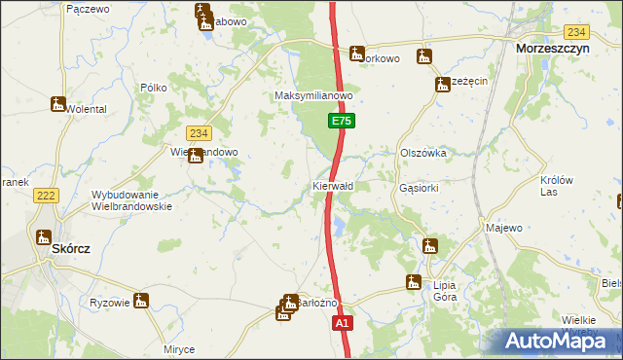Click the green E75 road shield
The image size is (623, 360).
pos(341,121)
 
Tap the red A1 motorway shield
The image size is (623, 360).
pos(342,322)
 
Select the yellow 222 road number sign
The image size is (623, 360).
pos(45,197)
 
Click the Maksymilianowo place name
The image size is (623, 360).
pos(312,96)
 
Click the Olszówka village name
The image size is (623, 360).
pos(422,153)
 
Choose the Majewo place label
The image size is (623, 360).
pos(503,228)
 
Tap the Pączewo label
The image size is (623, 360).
pos(86,8)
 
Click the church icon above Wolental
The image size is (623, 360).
pos(59,103)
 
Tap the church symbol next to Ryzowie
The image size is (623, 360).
pos(141,301)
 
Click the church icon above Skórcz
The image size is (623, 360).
pos(43,236)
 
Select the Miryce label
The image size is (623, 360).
pos(179,349)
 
